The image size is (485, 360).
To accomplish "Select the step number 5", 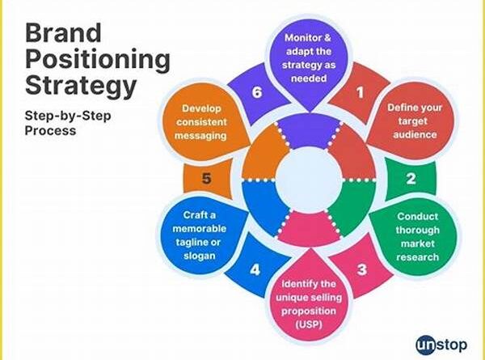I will coord(208,180).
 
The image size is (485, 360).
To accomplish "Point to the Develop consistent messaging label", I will coord(200,122).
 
